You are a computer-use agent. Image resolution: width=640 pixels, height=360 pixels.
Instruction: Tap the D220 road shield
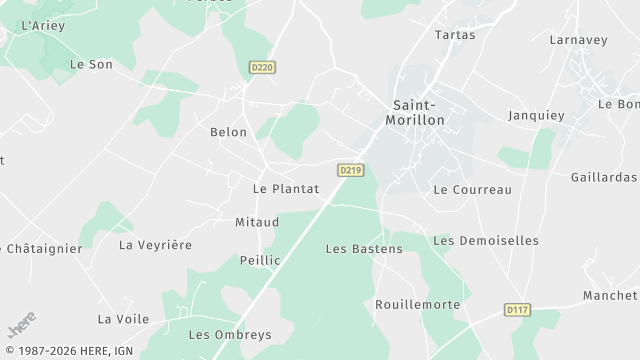(x=262, y=67)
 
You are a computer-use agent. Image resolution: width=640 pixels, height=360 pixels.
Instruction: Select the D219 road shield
(x=349, y=170)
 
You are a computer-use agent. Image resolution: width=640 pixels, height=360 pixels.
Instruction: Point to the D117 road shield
(x=516, y=310)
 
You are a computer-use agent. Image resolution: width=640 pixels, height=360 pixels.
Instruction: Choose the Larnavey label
(x=579, y=40)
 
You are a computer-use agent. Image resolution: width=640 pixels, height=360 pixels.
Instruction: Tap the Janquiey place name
(x=536, y=115)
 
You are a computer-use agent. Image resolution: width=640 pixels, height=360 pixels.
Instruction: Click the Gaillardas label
(x=603, y=177)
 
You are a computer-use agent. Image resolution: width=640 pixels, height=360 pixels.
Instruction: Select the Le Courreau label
(x=472, y=189)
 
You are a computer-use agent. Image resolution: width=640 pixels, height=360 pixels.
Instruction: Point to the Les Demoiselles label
(x=486, y=240)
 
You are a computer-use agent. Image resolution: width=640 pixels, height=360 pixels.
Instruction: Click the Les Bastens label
(x=364, y=248)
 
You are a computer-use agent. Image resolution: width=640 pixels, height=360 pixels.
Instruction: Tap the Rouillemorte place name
(x=417, y=304)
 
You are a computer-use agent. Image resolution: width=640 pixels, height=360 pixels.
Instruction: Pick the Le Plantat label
(x=286, y=188)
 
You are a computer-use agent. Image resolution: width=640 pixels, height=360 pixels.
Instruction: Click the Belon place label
(x=228, y=132)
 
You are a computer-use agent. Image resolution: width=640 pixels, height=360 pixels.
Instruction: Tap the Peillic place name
(x=260, y=260)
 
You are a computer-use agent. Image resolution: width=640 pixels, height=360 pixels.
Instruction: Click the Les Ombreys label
(x=230, y=335)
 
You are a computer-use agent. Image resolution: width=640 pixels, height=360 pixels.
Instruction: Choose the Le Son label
(x=91, y=64)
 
